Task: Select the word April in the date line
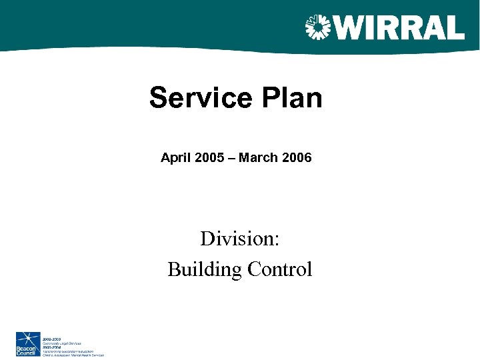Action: pyautogui.click(x=175, y=158)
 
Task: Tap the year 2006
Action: pyautogui.click(x=295, y=158)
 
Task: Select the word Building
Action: pyautogui.click(x=204, y=269)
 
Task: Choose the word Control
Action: pyautogui.click(x=279, y=269)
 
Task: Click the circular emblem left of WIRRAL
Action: pyautogui.click(x=318, y=28)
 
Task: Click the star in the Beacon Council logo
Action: pyautogui.click(x=27, y=339)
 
